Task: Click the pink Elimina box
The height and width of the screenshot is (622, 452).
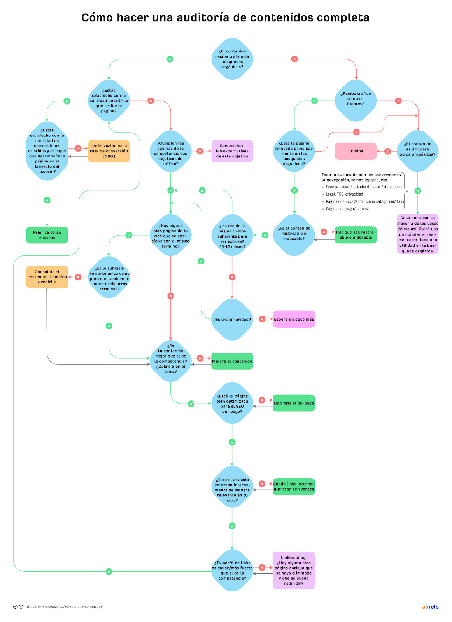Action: click(356, 151)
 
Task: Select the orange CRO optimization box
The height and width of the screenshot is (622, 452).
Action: click(109, 151)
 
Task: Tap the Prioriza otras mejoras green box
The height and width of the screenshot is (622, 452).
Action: click(47, 235)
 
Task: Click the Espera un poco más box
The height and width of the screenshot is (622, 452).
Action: click(294, 319)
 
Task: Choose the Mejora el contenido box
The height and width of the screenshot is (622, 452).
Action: click(232, 361)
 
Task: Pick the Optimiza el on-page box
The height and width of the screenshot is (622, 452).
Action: click(294, 403)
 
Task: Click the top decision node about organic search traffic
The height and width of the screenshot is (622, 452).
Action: click(232, 59)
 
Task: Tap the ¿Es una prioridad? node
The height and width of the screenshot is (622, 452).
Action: click(232, 319)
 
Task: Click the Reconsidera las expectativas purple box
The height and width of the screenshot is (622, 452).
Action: click(232, 151)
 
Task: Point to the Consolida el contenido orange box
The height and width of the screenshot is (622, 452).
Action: click(47, 277)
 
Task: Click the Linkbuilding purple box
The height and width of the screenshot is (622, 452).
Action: click(294, 570)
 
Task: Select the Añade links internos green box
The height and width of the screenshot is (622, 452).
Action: click(294, 487)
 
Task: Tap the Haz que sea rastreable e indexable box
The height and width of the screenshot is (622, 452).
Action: click(356, 235)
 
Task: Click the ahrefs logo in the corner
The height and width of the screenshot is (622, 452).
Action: click(430, 607)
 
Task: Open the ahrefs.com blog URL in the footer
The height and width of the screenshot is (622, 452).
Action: click(65, 606)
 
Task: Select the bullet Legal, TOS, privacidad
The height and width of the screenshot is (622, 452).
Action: click(344, 194)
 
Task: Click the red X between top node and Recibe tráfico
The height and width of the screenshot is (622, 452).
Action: click(294, 59)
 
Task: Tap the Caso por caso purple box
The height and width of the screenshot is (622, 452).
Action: click(417, 234)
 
